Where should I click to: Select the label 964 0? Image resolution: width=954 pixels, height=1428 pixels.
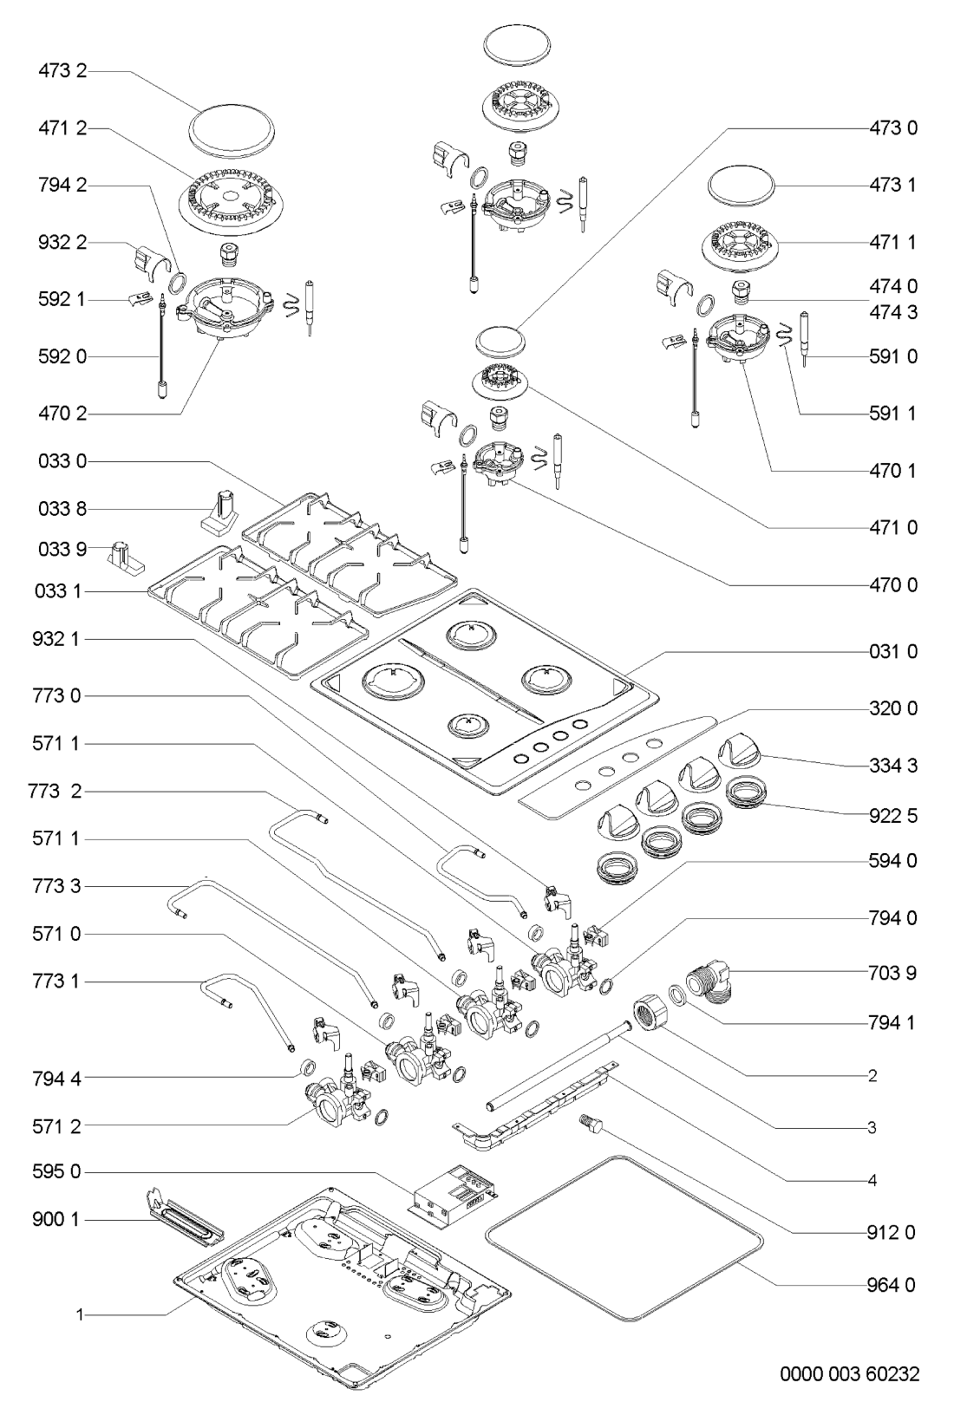pos(892,1285)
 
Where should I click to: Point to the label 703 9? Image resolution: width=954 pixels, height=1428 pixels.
pos(892,973)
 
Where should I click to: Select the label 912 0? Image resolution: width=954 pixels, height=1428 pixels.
pos(892,1232)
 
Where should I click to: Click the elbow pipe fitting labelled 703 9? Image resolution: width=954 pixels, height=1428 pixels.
pos(712,985)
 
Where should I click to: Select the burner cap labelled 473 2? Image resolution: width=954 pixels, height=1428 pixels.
pos(229,133)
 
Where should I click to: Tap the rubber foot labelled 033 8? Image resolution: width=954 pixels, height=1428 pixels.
pos(220,507)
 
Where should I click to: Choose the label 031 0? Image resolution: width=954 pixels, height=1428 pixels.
pos(892,651)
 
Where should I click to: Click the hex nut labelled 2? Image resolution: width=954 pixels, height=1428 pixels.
pos(651,1012)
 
